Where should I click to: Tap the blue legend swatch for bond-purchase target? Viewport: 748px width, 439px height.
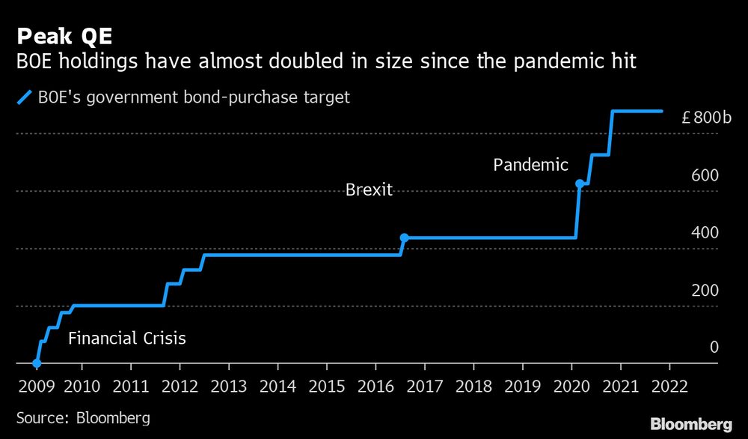pyautogui.click(x=25, y=97)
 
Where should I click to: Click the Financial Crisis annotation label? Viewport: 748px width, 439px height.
pyautogui.click(x=126, y=339)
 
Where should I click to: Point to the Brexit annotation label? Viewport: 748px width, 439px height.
pyautogui.click(x=369, y=190)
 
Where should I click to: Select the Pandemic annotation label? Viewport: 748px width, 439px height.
pyautogui.click(x=530, y=166)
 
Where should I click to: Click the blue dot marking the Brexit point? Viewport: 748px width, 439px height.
pyautogui.click(x=404, y=237)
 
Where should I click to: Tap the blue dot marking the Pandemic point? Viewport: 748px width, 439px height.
pyautogui.click(x=579, y=184)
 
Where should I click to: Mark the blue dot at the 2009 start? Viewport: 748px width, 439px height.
pyautogui.click(x=37, y=363)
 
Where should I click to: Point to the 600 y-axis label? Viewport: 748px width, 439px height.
pyautogui.click(x=705, y=175)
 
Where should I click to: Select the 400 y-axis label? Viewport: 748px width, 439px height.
pyautogui.click(x=705, y=232)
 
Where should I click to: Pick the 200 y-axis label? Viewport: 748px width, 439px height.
pyautogui.click(x=705, y=290)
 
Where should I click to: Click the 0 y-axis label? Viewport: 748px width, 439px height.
pyautogui.click(x=714, y=347)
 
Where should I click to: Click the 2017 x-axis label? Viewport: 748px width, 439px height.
pyautogui.click(x=424, y=387)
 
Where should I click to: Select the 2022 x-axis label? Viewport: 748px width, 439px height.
pyautogui.click(x=668, y=387)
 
